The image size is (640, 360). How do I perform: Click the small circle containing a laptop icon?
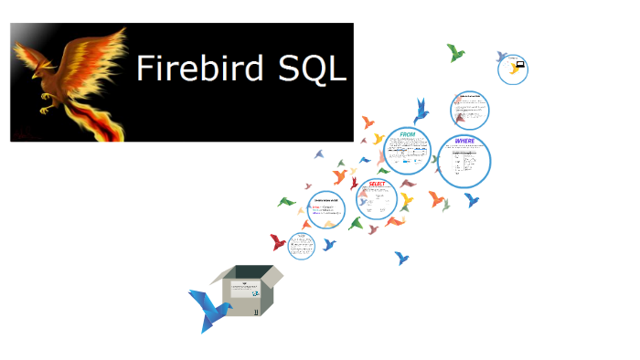[515, 67]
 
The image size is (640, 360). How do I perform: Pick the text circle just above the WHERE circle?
[470, 111]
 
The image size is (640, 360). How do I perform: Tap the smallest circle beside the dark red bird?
[301, 245]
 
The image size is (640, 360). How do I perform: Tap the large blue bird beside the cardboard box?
[208, 308]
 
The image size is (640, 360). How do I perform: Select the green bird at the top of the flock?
[455, 52]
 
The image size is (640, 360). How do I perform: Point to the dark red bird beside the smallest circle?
[278, 242]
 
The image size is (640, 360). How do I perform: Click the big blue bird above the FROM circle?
[421, 111]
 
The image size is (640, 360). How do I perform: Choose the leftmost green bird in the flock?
[286, 201]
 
